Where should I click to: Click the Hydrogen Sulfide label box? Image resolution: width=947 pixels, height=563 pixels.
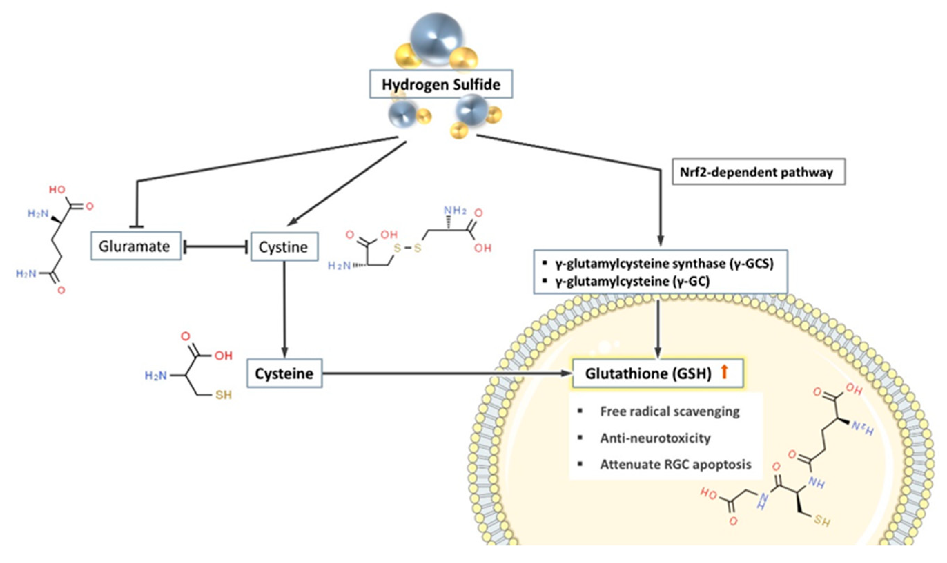(441, 84)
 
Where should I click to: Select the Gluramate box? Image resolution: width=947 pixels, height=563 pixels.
(135, 246)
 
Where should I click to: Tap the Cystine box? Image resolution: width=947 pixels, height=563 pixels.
(284, 247)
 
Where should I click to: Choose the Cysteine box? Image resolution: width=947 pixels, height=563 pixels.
(284, 374)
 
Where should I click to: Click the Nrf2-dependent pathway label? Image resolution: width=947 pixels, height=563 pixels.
(758, 172)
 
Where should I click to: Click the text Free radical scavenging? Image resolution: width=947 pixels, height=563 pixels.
(670, 411)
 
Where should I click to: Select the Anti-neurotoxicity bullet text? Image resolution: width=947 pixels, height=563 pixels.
(655, 438)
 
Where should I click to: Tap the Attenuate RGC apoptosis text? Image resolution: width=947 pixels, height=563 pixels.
(675, 465)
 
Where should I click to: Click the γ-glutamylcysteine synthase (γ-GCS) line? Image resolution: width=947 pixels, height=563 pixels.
(664, 263)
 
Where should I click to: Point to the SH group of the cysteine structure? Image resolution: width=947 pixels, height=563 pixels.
(223, 395)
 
